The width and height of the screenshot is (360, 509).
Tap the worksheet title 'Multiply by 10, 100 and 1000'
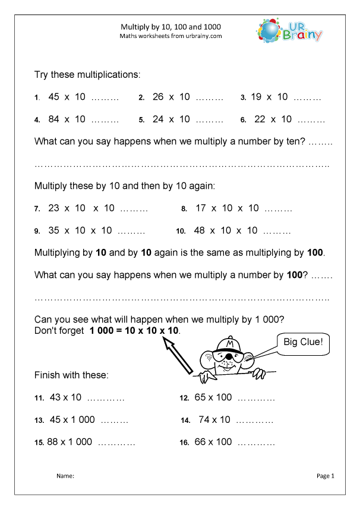pos(171,27)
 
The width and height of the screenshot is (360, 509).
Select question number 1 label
pos(37,98)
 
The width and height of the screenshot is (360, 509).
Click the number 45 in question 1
pos(54,97)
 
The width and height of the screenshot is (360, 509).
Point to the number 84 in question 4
pos(54,119)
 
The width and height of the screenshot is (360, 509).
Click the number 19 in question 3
pos(257,97)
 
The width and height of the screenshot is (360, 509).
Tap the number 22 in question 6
pos(260,119)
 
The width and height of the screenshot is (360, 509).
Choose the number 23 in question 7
pos(54,208)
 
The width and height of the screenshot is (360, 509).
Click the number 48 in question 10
pos(200,230)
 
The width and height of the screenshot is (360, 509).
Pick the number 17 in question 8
pos(201,208)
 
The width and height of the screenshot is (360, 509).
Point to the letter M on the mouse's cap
pos(229,344)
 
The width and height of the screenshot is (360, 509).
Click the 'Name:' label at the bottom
pos(65,476)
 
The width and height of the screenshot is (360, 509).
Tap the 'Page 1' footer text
pos(326,476)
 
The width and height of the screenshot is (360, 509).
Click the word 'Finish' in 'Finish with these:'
pos(49,375)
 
